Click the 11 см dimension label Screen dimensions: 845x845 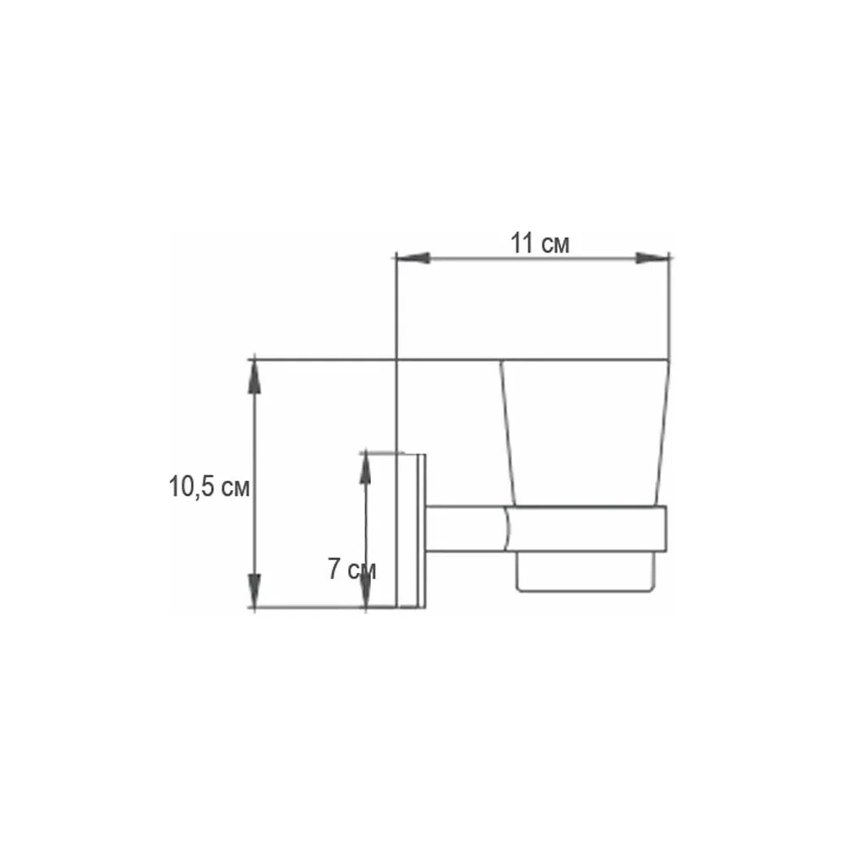[539, 243]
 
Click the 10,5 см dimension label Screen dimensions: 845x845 [209, 487]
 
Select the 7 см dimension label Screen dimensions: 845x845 [352, 569]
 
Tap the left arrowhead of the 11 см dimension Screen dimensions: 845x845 [413, 258]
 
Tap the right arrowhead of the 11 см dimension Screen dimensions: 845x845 [652, 258]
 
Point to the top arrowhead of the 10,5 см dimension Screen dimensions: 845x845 [254, 376]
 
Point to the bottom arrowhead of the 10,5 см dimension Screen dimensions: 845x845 [254, 590]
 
